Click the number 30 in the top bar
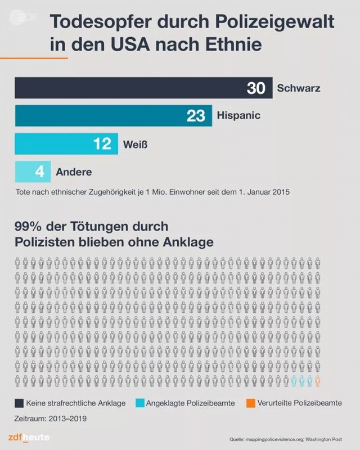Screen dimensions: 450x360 point(256,88)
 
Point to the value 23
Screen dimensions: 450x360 point(196,115)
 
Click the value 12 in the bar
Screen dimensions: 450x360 point(102,143)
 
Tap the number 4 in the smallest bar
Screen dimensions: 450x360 point(39,171)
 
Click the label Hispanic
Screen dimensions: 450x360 point(238,116)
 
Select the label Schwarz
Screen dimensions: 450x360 point(299,88)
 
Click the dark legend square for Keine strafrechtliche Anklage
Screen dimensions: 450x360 point(19,403)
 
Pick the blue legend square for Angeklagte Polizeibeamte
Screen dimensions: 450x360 point(139,403)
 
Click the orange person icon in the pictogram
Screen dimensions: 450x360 point(318,381)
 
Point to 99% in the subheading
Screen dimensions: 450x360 point(28,227)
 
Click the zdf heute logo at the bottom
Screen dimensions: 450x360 point(29,437)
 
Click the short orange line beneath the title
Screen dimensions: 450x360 point(34,58)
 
